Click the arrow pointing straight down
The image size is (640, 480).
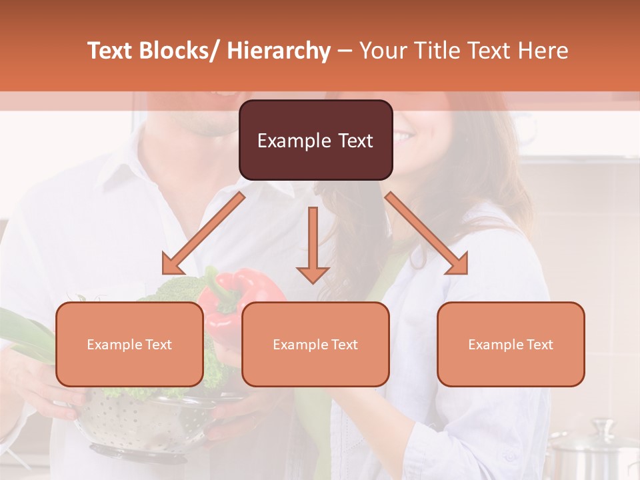pos(313,247)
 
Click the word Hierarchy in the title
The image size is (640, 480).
pos(278,51)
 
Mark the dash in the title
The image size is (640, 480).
pos(345,51)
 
